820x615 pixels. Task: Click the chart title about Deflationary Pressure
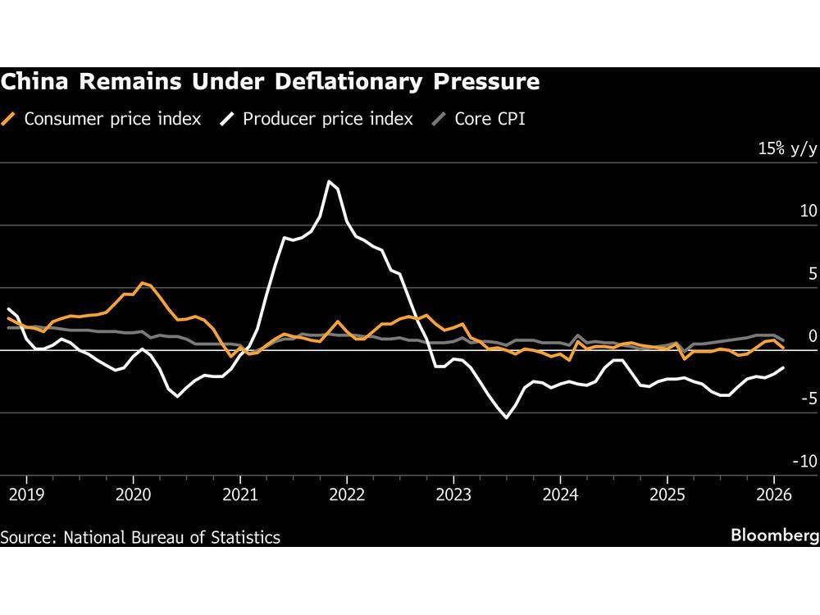[270, 82]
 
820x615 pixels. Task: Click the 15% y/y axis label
[788, 149]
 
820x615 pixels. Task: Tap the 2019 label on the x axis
[25, 496]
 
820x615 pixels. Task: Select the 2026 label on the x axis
[773, 496]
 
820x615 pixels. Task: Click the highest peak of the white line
[330, 181]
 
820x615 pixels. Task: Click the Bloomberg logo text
[775, 535]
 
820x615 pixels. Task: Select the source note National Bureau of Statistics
[140, 538]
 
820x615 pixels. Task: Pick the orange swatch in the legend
[11, 119]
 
